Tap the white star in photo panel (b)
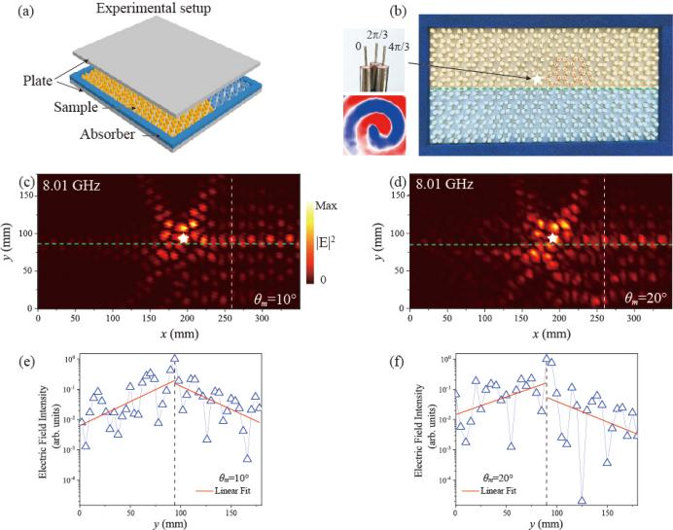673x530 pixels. click(x=535, y=78)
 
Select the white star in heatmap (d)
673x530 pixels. click(x=552, y=238)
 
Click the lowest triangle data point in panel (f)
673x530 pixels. click(x=582, y=500)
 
